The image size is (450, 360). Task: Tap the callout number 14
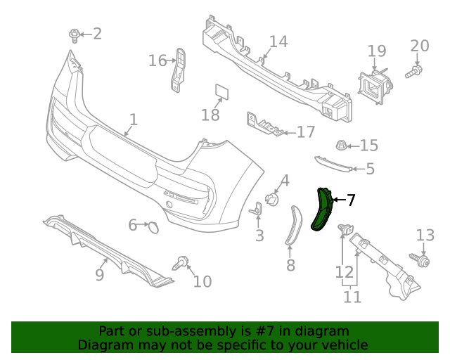(x=278, y=42)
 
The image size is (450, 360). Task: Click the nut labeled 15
(x=340, y=146)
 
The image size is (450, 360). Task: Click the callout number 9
(x=100, y=275)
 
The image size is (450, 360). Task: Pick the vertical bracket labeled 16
(x=179, y=70)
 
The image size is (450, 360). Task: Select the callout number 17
(x=306, y=132)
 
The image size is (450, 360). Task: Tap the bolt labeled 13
(x=423, y=259)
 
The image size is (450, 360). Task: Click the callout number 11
(x=352, y=297)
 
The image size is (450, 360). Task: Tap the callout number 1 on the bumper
(x=133, y=120)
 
